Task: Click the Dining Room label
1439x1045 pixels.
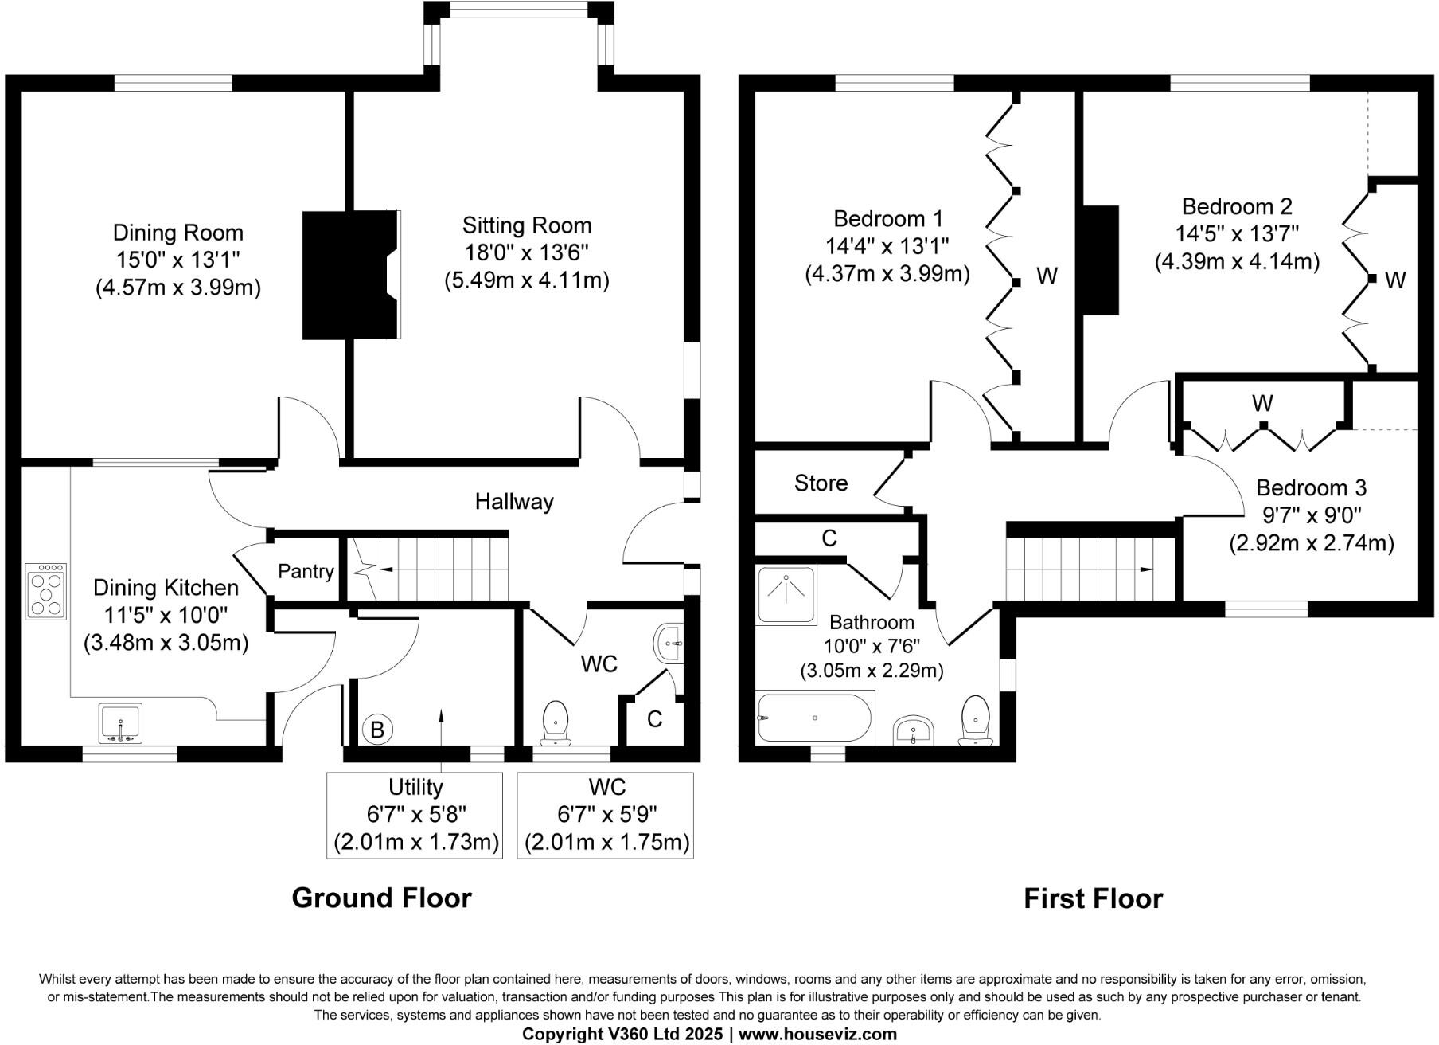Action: [177, 233]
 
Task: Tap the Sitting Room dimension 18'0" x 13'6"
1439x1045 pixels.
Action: [526, 252]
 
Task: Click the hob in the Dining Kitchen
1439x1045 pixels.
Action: [45, 591]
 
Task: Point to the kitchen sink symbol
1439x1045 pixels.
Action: [120, 723]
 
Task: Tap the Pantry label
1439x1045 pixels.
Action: [306, 571]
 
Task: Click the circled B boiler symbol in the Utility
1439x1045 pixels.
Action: [377, 730]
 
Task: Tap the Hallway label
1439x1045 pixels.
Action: [514, 501]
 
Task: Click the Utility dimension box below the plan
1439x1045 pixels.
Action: [415, 815]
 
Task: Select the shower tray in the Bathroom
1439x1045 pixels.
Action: [786, 594]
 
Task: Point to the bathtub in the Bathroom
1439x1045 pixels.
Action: [815, 718]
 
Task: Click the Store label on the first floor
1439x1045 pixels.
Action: [821, 483]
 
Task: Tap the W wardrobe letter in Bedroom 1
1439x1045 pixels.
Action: [1047, 276]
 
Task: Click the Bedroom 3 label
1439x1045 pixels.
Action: [1311, 487]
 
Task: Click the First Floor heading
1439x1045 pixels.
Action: [1093, 898]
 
